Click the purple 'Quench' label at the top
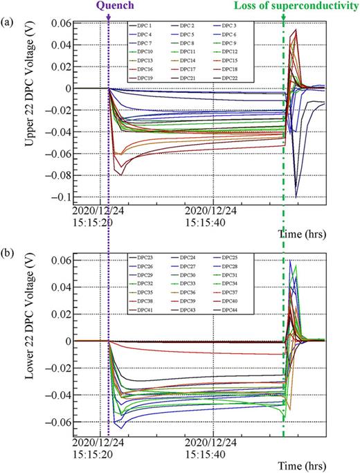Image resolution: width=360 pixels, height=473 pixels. pos(109,7)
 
